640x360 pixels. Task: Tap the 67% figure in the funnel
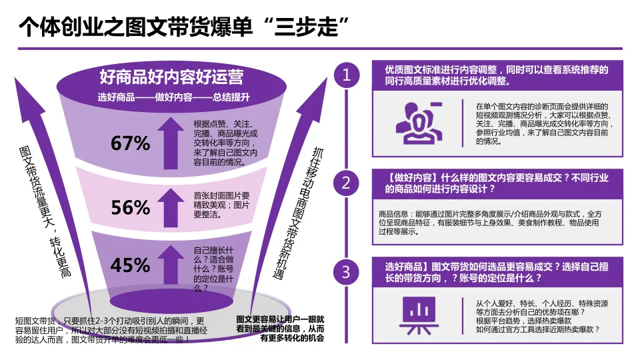(131, 143)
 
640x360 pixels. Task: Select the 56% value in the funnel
(131, 208)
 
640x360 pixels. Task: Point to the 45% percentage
(131, 265)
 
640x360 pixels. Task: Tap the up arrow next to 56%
(171, 205)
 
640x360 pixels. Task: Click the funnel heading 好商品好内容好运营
(171, 76)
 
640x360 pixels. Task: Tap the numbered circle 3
(346, 271)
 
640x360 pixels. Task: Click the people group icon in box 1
(419, 123)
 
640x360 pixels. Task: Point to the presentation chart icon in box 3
(419, 311)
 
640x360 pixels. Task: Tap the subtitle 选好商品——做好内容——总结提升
(173, 97)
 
